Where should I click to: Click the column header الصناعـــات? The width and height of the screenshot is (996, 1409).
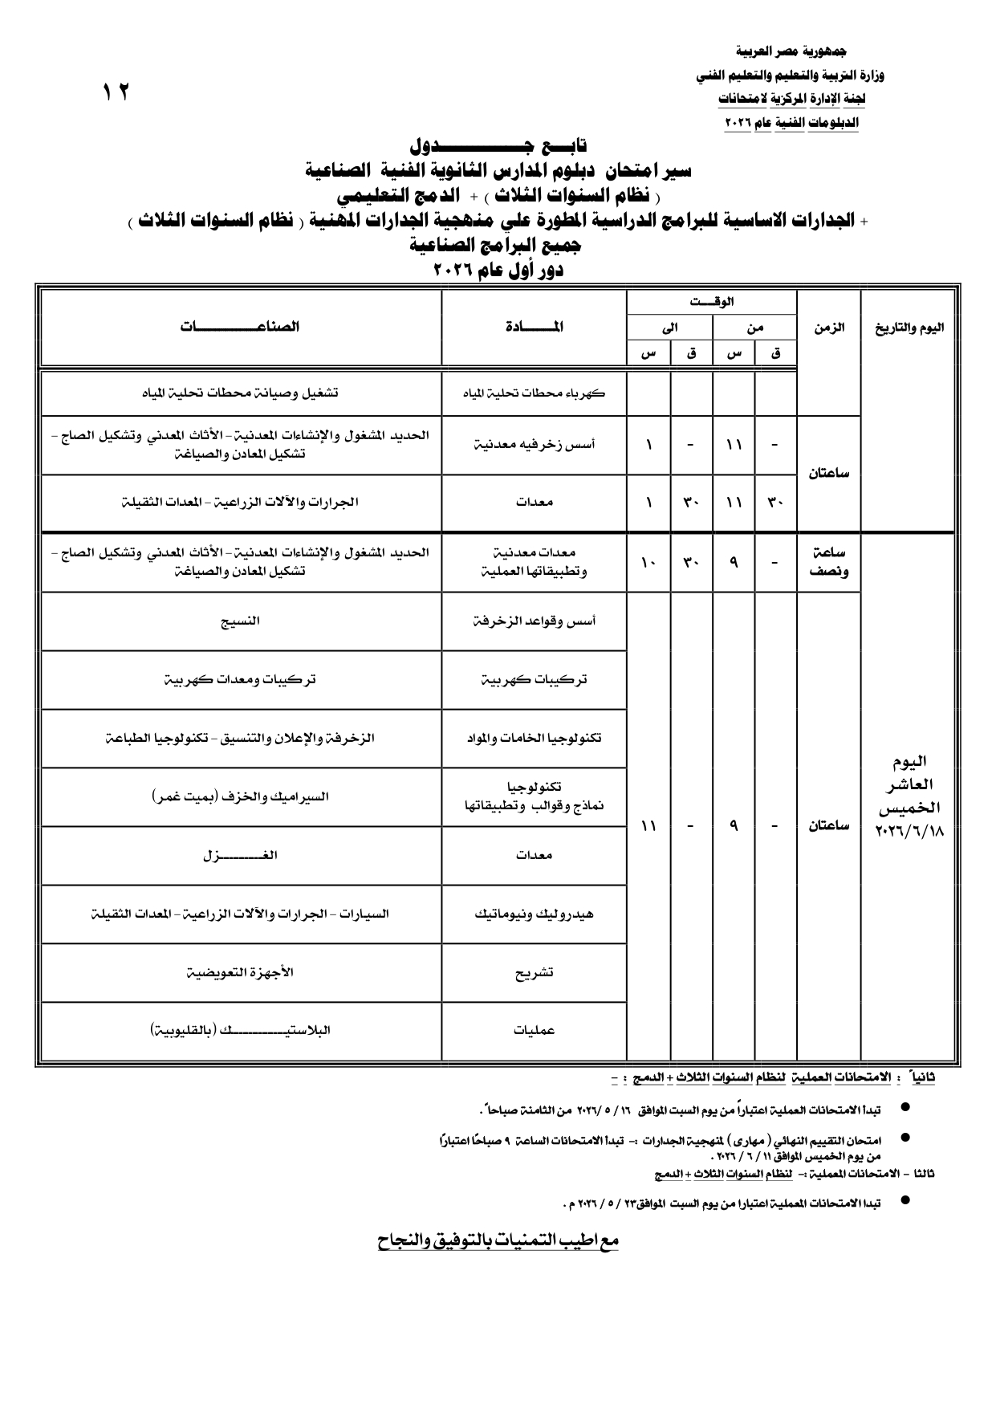pyautogui.click(x=240, y=327)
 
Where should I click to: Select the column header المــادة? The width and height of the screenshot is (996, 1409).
pyautogui.click(x=534, y=327)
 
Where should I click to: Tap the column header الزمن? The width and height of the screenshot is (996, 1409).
pyautogui.click(x=828, y=328)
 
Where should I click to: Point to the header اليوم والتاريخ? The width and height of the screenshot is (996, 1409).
pyautogui.click(x=909, y=328)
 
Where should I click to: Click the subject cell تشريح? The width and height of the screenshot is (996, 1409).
pyautogui.click(x=534, y=972)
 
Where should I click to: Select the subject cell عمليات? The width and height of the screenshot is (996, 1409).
pyautogui.click(x=534, y=1031)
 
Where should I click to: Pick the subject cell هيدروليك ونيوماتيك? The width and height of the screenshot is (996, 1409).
pyautogui.click(x=534, y=914)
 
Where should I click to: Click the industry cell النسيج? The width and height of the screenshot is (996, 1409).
pyautogui.click(x=240, y=621)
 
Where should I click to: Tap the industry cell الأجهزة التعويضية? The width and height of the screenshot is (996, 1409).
pyautogui.click(x=240, y=972)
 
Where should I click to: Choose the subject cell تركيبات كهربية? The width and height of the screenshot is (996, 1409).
pyautogui.click(x=534, y=679)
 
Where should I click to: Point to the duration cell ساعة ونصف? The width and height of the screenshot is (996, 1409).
pyautogui.click(x=828, y=563)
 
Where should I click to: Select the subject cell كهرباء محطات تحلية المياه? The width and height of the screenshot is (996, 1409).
pyautogui.click(x=534, y=393)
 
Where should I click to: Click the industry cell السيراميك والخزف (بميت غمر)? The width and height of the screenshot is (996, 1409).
pyautogui.click(x=240, y=796)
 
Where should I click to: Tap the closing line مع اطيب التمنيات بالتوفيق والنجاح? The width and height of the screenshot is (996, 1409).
pyautogui.click(x=498, y=1240)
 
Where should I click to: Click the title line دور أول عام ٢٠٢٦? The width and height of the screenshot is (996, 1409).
pyautogui.click(x=498, y=271)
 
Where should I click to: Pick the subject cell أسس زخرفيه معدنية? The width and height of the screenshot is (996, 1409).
pyautogui.click(x=534, y=445)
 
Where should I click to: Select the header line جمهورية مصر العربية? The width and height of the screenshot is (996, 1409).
pyautogui.click(x=791, y=51)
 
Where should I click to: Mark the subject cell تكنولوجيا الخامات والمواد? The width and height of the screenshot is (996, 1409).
pyautogui.click(x=534, y=738)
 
